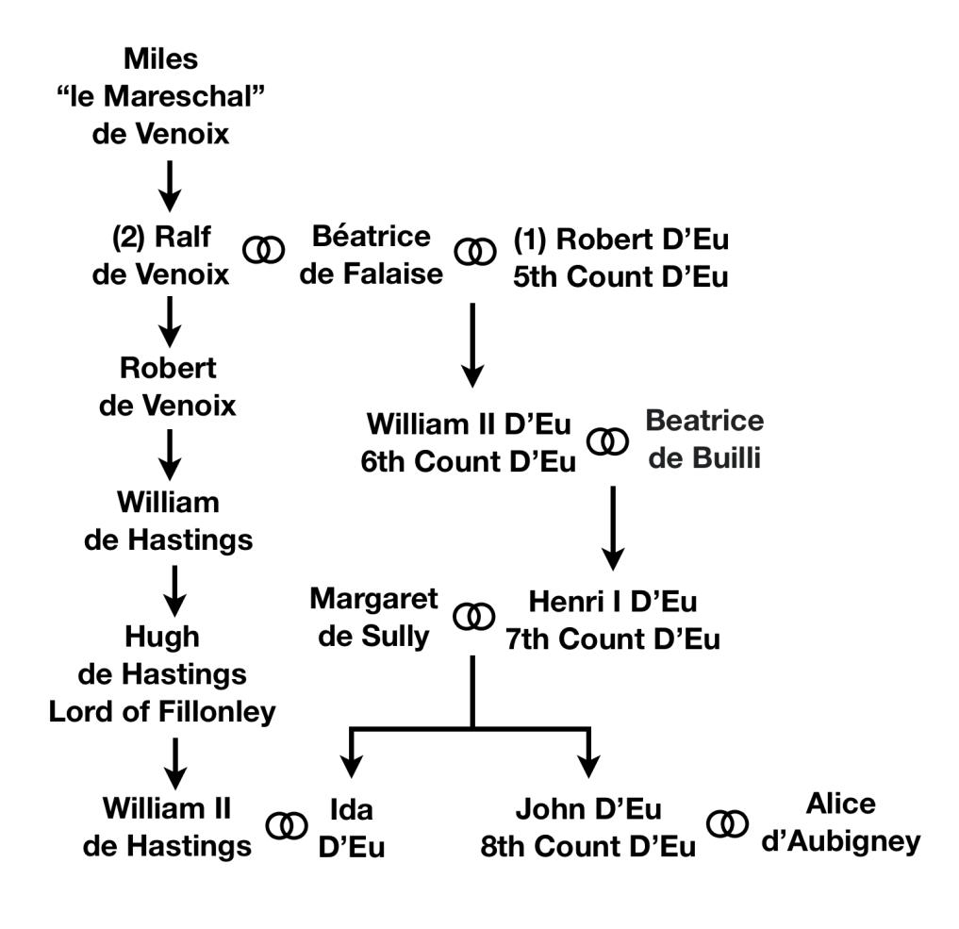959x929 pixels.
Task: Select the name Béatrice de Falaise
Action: (371, 255)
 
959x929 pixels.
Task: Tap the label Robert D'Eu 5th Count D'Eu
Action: (621, 257)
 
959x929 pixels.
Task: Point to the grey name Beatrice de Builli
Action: (705, 440)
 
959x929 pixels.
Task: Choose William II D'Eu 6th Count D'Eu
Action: (469, 444)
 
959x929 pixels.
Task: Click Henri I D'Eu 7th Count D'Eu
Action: (611, 621)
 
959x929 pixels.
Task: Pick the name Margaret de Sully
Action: (373, 617)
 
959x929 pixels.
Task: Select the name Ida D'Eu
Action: (353, 827)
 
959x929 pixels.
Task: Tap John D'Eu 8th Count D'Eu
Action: (587, 828)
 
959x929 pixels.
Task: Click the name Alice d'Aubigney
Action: (840, 823)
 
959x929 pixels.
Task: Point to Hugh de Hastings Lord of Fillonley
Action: (162, 673)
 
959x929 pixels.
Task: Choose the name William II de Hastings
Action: (168, 827)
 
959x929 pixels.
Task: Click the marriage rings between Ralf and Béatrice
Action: (263, 250)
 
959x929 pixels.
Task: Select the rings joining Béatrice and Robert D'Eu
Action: (473, 251)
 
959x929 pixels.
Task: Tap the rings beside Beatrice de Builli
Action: (606, 440)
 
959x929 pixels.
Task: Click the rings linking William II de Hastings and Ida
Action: (287, 825)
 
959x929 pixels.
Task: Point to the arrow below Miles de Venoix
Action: (169, 186)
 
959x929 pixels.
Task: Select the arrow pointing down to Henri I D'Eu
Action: (613, 528)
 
